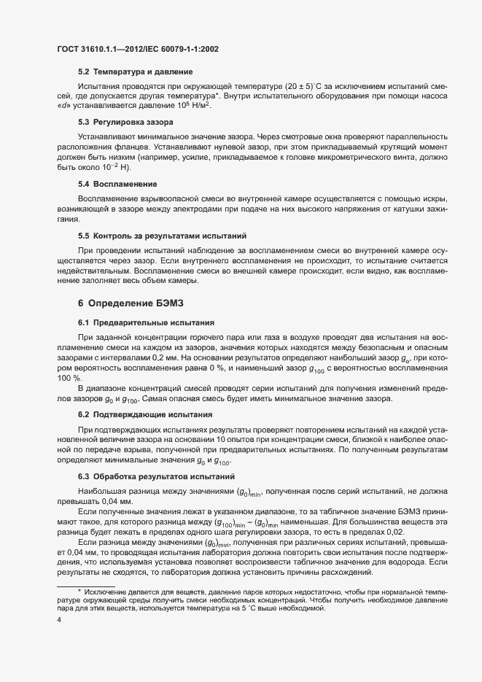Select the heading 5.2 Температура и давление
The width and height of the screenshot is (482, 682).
(x=135, y=72)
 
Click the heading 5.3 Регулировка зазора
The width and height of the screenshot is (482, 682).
(x=126, y=122)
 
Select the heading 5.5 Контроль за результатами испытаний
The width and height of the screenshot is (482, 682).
(x=163, y=236)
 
